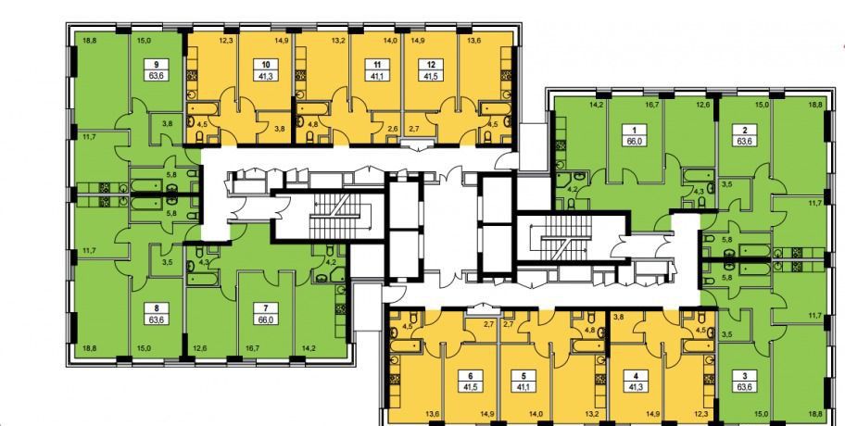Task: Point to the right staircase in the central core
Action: click(x=565, y=237)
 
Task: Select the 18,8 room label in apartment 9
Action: click(x=90, y=39)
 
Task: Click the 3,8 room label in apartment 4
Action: click(x=618, y=317)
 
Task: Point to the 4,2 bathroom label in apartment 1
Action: click(x=560, y=189)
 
